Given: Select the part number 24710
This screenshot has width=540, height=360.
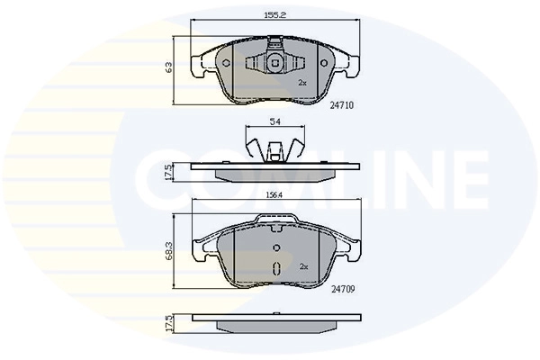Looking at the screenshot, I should coord(341,104).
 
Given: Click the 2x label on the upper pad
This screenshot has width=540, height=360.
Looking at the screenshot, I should coord(302,82).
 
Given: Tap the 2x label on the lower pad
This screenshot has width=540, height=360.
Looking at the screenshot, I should coord(303,266).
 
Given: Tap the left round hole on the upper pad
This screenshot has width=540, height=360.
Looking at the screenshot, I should coord(226,63).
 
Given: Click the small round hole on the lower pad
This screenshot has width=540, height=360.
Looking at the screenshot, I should coord(277,247).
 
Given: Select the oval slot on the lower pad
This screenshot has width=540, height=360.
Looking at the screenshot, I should coord(277,267).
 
